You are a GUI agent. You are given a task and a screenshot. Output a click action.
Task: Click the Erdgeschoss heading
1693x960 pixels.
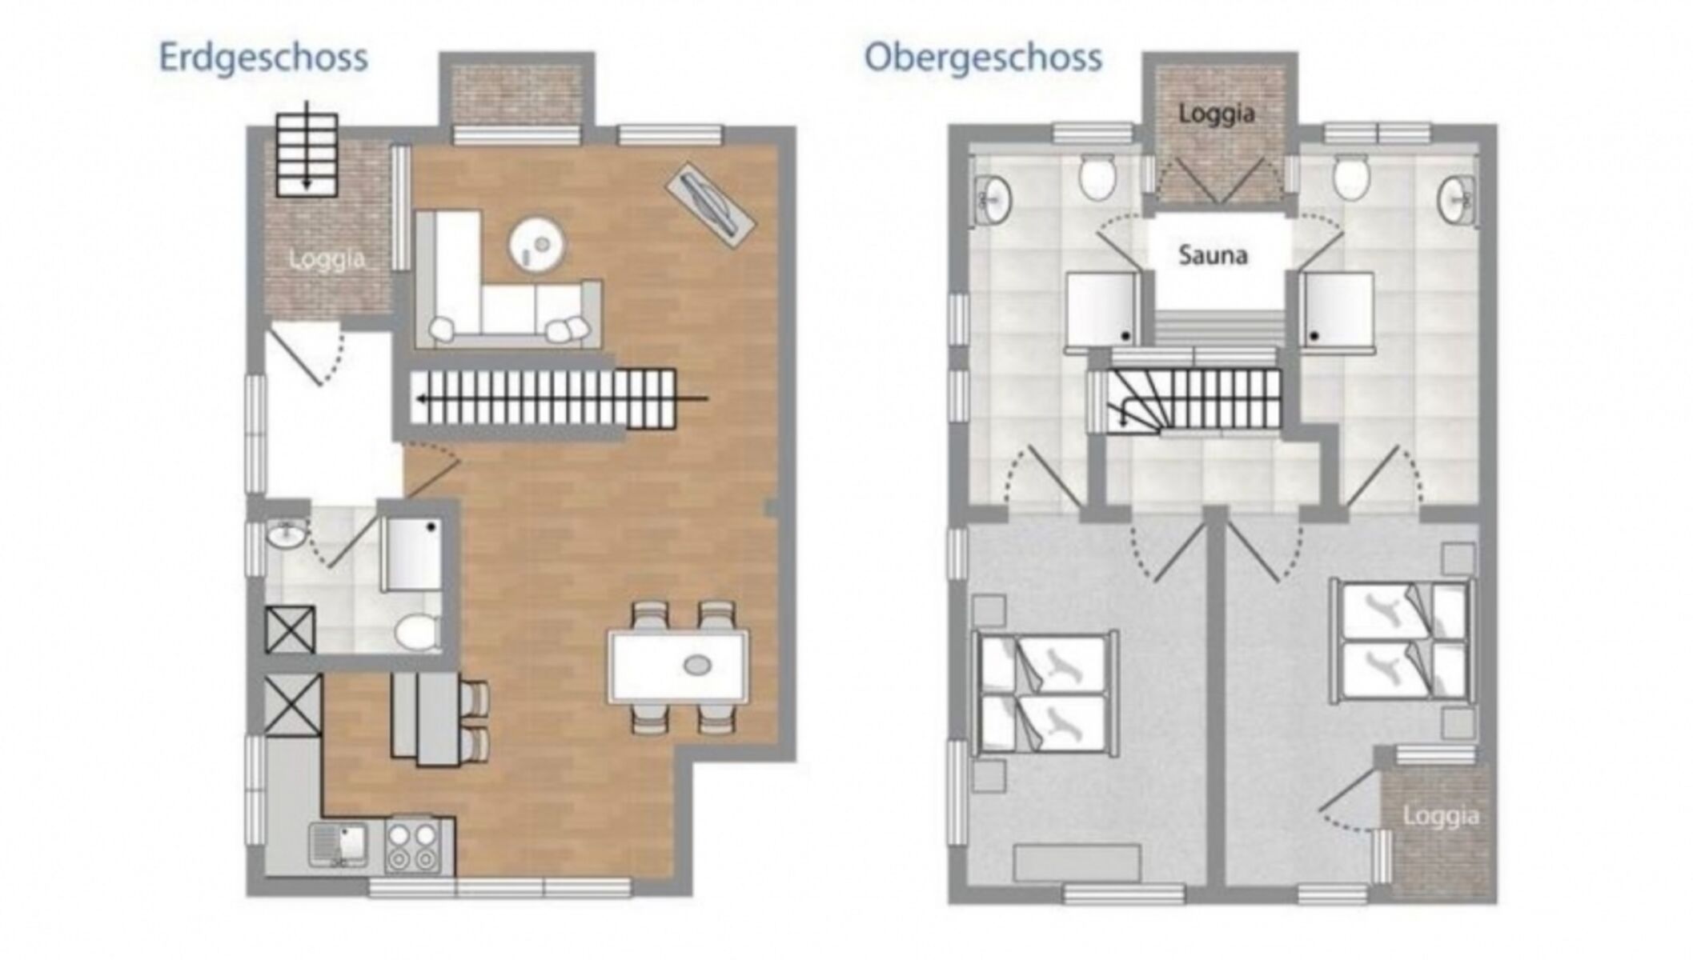pyautogui.click(x=263, y=58)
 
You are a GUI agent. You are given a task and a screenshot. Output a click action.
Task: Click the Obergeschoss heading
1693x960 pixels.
pyautogui.click(x=983, y=58)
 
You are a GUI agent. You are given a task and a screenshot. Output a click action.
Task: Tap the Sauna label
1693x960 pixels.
pyautogui.click(x=1213, y=255)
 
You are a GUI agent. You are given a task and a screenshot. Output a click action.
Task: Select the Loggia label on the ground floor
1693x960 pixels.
pyautogui.click(x=327, y=259)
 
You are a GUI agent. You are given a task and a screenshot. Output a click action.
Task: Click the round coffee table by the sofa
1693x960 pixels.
pyautogui.click(x=537, y=244)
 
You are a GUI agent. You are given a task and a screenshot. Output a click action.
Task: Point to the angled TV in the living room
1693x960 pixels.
pyautogui.click(x=710, y=205)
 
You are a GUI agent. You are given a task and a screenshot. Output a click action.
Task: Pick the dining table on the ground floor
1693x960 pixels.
pyautogui.click(x=679, y=666)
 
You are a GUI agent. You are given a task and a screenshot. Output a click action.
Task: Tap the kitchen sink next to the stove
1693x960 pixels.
pyautogui.click(x=339, y=845)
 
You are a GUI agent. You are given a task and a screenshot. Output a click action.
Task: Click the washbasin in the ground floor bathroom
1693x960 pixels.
pyautogui.click(x=286, y=534)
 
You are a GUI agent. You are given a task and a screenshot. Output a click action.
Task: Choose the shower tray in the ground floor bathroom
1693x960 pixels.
pyautogui.click(x=412, y=554)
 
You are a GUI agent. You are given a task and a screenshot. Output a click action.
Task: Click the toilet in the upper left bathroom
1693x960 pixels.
pyautogui.click(x=1097, y=177)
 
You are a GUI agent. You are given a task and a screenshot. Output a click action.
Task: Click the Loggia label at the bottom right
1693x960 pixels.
pyautogui.click(x=1441, y=817)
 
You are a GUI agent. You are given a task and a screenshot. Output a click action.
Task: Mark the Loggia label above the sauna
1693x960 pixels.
pyautogui.click(x=1216, y=114)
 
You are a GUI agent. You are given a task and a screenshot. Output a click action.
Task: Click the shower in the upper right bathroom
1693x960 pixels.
pyautogui.click(x=1337, y=310)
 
